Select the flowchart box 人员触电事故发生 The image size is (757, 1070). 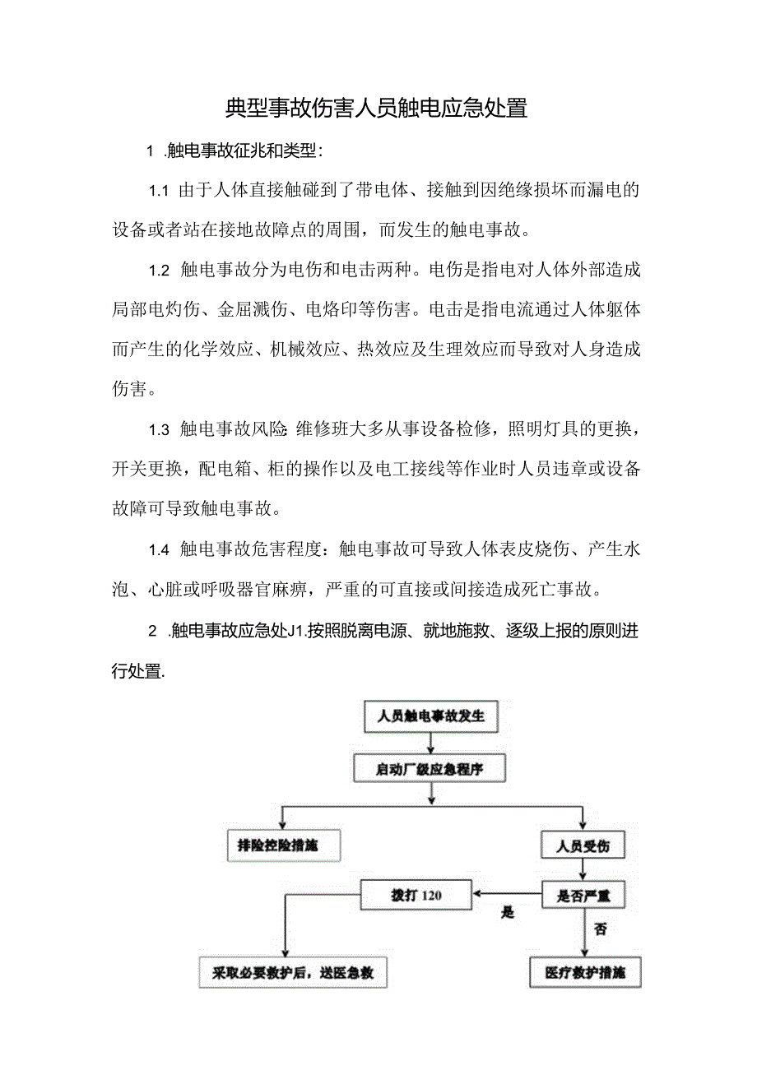coord(431,716)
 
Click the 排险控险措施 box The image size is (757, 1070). coord(282,845)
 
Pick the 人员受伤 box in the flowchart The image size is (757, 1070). coord(583,845)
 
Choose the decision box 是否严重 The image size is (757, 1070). coord(583,893)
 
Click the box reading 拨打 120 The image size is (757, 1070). coord(416,894)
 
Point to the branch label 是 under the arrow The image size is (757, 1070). coord(508,912)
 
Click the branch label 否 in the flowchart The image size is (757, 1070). coord(600,929)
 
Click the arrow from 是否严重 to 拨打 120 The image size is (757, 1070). coord(507,894)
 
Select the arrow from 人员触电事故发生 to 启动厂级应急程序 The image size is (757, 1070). coord(430,743)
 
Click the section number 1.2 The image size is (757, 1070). coord(158,269)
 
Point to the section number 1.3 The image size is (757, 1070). coord(158,429)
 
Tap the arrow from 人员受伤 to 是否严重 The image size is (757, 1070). coord(583,869)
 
